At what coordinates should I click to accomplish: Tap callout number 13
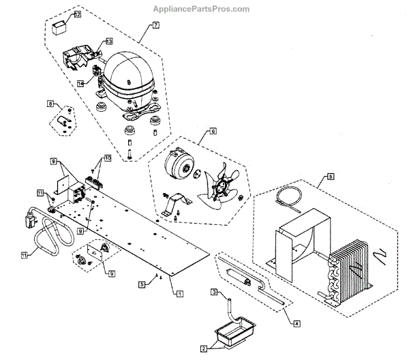[109, 42]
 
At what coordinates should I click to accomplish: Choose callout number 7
[155, 25]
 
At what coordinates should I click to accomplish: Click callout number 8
[50, 104]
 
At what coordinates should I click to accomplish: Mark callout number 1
[179, 293]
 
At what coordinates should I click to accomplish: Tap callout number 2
[203, 348]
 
